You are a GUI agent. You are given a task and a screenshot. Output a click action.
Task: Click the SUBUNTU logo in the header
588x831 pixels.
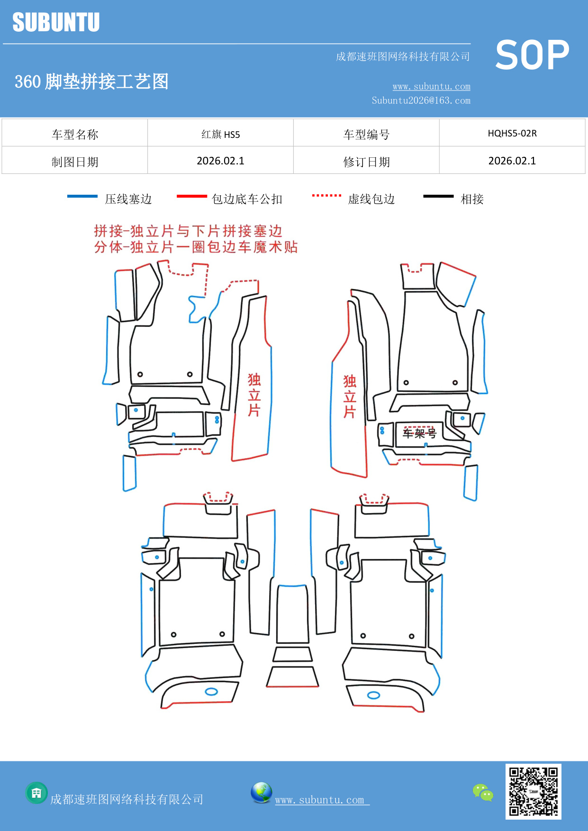56,22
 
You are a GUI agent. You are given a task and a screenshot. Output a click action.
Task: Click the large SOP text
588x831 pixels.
532,55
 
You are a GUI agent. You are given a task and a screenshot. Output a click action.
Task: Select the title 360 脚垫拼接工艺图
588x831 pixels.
91,81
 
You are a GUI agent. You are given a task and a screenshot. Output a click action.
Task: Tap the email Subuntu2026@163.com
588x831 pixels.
421,100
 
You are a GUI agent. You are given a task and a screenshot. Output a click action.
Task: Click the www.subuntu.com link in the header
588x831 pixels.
431,86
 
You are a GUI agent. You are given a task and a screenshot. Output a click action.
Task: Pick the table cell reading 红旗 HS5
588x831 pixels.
220,134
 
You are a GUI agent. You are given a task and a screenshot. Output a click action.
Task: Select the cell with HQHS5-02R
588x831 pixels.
512,133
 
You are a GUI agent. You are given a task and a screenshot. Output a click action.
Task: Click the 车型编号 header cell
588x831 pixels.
366,135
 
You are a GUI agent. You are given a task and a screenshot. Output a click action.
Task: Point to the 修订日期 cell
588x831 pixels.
366,162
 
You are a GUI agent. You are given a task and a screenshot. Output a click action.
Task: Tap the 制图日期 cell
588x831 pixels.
75,162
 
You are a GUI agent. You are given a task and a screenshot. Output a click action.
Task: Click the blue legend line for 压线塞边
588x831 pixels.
82,196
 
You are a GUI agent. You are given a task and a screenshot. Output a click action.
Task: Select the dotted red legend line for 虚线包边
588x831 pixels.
326,195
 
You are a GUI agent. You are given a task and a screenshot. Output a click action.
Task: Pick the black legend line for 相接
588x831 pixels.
438,196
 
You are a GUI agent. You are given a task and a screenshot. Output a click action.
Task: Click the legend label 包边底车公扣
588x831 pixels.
247,199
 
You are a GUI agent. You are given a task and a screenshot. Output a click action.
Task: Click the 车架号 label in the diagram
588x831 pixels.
419,433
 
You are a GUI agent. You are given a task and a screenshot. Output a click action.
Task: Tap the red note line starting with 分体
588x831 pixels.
196,247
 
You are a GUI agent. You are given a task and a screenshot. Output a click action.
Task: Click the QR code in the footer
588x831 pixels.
533,791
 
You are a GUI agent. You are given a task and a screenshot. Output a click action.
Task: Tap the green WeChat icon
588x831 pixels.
483,792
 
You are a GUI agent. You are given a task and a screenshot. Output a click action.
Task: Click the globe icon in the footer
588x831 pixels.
261,793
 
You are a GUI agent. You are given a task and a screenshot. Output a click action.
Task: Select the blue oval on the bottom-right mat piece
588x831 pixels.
373,695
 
